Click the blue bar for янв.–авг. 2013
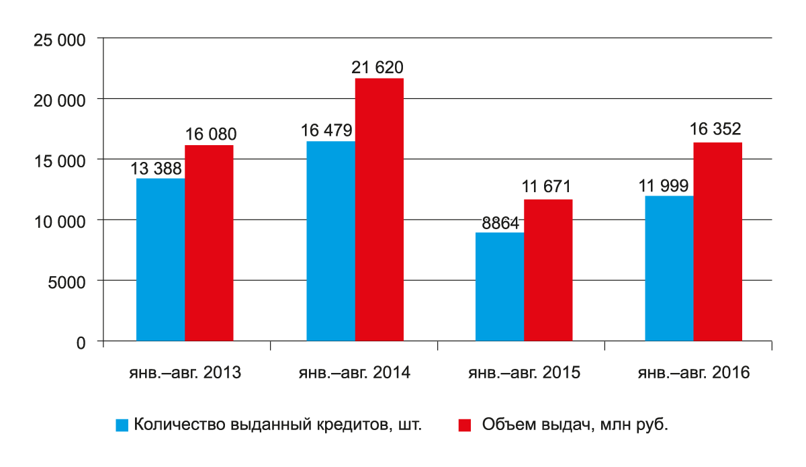pos(161,260)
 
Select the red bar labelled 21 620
pos(379,210)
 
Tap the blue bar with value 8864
pos(500,288)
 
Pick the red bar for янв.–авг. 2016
pos(718,242)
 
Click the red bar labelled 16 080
pos(210,243)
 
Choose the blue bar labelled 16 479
pos(331,241)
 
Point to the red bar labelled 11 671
pos(548,271)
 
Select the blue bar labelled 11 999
pos(669,269)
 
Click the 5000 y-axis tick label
pos(65,282)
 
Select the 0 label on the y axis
pos(81,343)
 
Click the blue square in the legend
pos(122,425)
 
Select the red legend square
pos(464,425)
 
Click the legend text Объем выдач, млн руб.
pos(575,425)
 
